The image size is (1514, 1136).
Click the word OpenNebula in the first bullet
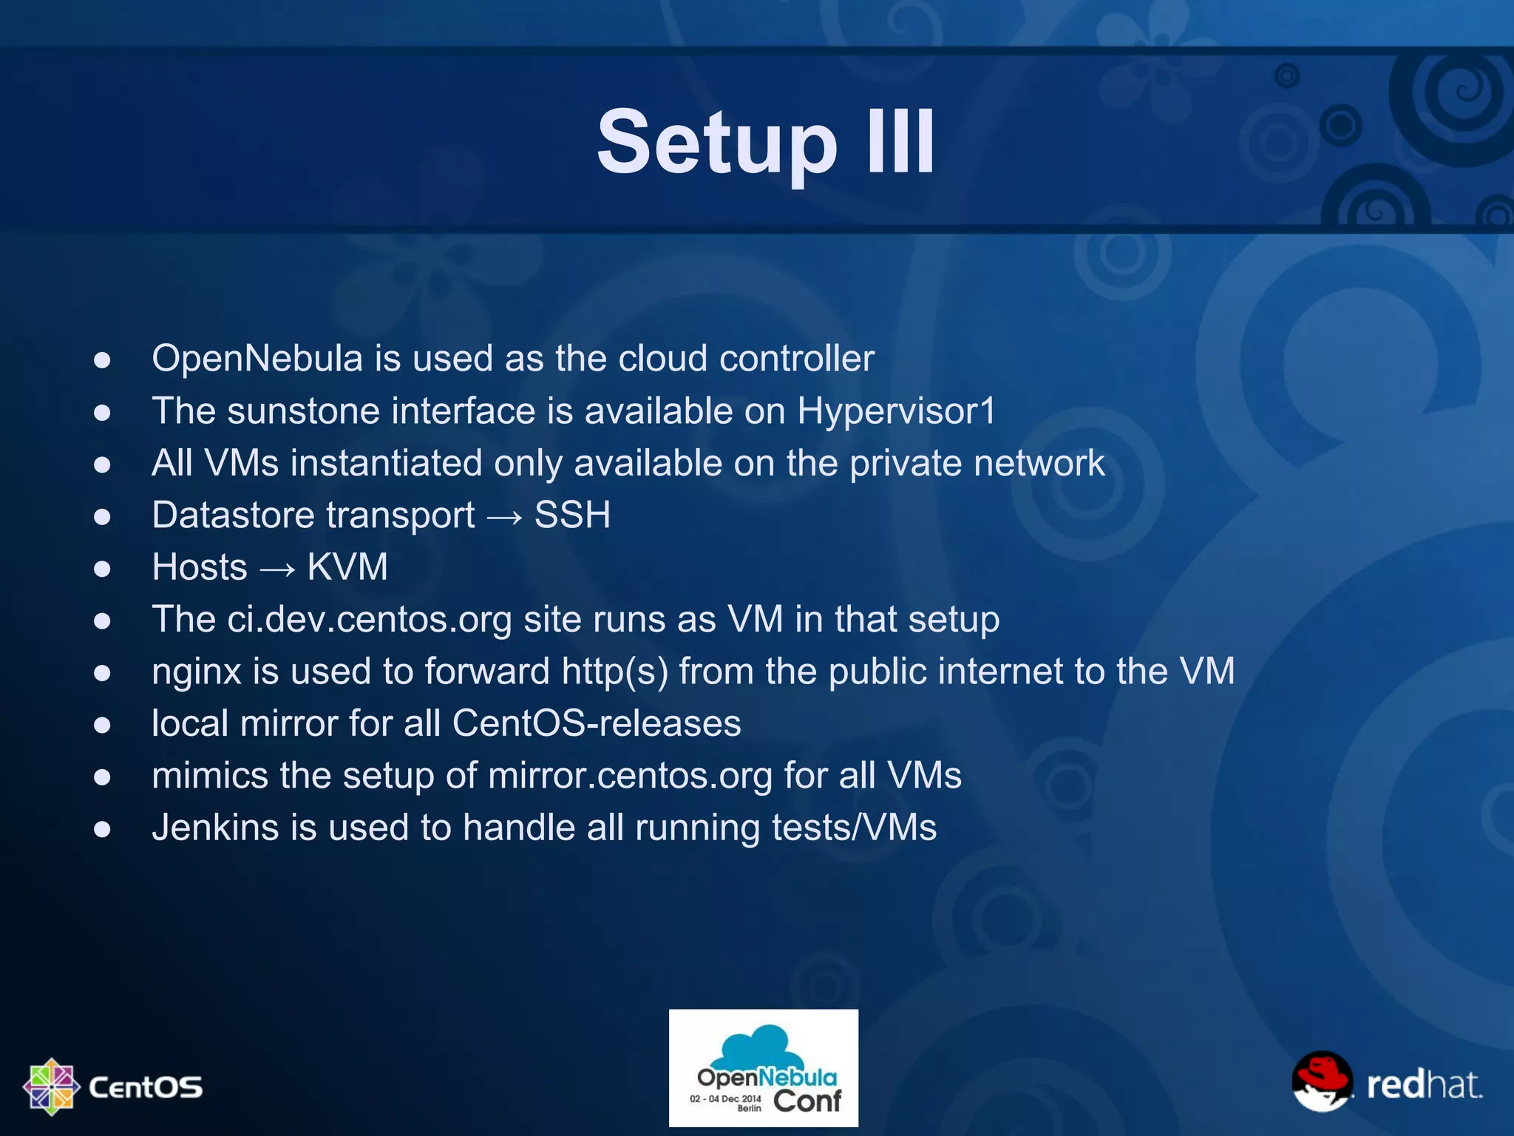pyautogui.click(x=257, y=359)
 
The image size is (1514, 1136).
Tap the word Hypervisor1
pyautogui.click(x=896, y=411)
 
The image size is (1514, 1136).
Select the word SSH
pyautogui.click(x=572, y=515)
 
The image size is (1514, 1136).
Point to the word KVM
pyautogui.click(x=347, y=567)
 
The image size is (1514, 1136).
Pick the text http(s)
pyautogui.click(x=614, y=672)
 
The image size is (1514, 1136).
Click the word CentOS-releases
pyautogui.click(x=596, y=723)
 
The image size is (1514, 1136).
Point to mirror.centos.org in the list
pyautogui.click(x=630, y=776)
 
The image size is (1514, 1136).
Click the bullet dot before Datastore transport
pyautogui.click(x=102, y=516)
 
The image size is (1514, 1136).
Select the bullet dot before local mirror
pyautogui.click(x=102, y=725)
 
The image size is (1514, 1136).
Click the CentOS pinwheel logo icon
pyautogui.click(x=51, y=1086)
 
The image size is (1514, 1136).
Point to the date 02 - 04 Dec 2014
pyautogui.click(x=724, y=1098)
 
